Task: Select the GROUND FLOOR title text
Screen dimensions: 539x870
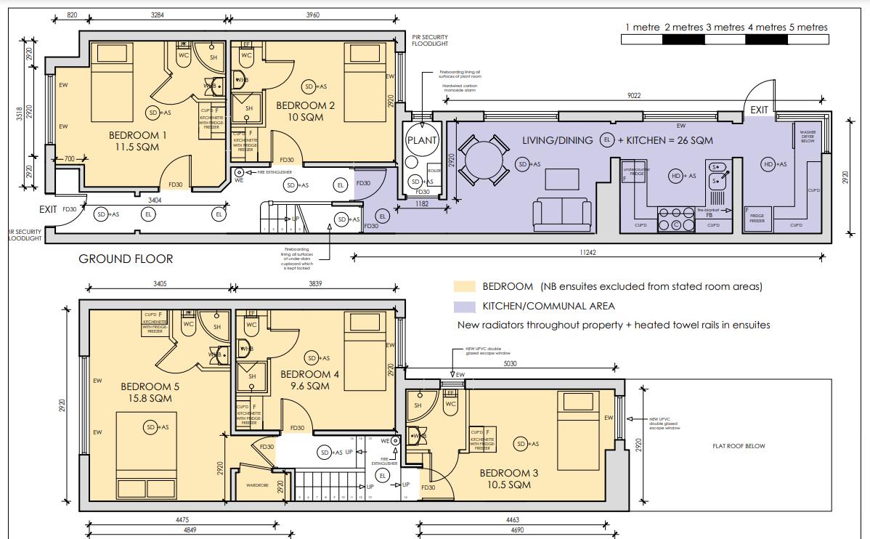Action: (x=126, y=259)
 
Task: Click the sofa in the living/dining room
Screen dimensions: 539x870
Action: (x=562, y=214)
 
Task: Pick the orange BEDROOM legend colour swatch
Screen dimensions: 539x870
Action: (x=464, y=287)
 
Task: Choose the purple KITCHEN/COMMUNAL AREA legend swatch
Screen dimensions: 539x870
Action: (x=464, y=307)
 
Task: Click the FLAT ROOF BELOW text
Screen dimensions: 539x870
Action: (x=739, y=446)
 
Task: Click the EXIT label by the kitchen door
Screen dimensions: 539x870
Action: (x=759, y=110)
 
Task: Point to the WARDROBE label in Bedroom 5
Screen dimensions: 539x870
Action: (x=258, y=485)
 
